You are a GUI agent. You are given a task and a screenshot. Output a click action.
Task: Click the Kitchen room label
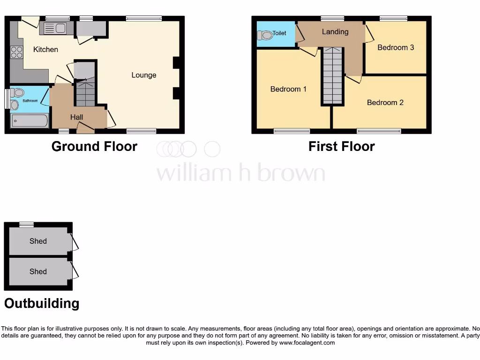(x=45, y=49)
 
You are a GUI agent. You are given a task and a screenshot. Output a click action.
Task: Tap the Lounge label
(x=143, y=75)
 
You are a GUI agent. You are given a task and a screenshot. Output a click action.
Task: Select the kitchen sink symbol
(x=56, y=29)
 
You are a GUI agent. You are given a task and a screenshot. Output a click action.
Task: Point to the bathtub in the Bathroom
(x=30, y=121)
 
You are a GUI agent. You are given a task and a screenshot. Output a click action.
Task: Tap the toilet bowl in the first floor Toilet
(x=265, y=36)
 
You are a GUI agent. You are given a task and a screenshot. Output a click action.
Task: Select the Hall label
(x=76, y=117)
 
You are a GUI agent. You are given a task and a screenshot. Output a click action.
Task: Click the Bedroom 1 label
(x=288, y=89)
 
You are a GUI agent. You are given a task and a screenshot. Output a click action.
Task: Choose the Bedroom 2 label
(x=385, y=103)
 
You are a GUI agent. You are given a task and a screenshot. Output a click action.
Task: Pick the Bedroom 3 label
(x=395, y=47)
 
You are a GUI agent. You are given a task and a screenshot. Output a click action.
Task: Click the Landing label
(x=335, y=32)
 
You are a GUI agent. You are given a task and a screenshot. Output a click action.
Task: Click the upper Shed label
(x=38, y=241)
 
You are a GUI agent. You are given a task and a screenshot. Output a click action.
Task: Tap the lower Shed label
(x=38, y=271)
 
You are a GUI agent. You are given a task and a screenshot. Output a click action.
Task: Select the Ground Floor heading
(x=94, y=146)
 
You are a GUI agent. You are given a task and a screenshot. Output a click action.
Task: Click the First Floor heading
(x=341, y=146)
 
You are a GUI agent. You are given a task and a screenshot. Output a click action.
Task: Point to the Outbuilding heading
(x=42, y=303)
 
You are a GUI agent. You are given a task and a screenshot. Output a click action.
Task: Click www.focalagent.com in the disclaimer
(x=307, y=343)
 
